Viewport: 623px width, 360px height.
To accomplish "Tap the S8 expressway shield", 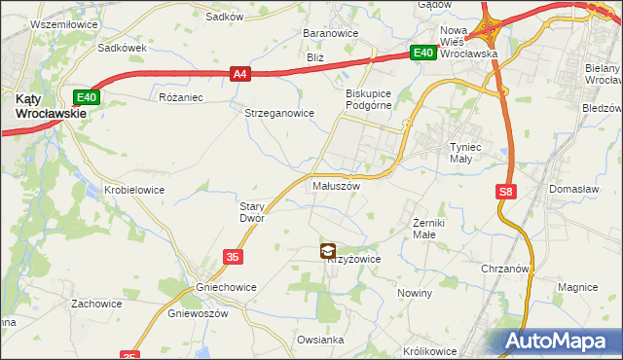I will [504, 193].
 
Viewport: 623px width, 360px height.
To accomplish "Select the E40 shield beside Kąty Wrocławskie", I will [87, 96].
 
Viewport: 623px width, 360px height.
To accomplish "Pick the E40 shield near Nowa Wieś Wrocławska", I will [421, 54].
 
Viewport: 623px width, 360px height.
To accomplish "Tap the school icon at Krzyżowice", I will [327, 251].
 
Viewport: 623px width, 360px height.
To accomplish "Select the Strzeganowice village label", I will [278, 113].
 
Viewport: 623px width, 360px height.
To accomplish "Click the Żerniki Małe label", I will [423, 228].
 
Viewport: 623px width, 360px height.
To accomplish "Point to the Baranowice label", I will [331, 33].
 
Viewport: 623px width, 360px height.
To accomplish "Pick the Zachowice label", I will [95, 304].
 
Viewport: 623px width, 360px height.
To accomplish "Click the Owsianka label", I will [321, 340].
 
